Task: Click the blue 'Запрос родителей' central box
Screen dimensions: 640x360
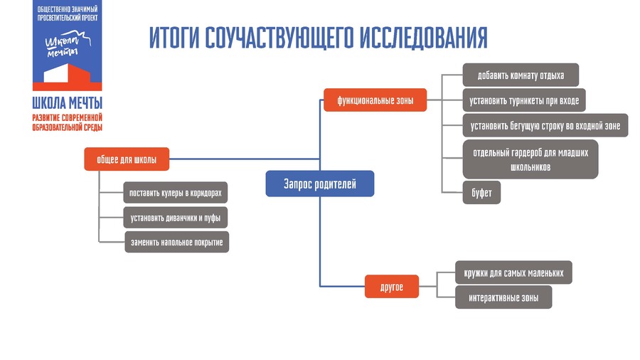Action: click(x=319, y=184)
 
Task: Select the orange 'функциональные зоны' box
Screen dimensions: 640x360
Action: click(x=375, y=100)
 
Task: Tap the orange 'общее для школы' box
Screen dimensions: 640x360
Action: click(x=127, y=159)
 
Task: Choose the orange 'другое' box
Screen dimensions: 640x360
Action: click(x=391, y=287)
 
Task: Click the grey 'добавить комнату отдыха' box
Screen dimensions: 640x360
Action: click(x=521, y=75)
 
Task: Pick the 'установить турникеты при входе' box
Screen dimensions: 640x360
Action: click(x=524, y=100)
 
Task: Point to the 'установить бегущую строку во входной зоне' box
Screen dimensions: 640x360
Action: click(x=545, y=126)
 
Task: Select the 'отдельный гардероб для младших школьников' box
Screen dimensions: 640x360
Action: click(x=530, y=159)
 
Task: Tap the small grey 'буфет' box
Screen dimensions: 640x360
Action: click(x=481, y=193)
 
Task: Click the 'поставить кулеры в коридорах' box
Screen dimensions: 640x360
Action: click(x=176, y=193)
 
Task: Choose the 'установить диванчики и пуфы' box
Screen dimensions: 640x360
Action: click(x=176, y=218)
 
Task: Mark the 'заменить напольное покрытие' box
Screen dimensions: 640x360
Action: click(x=177, y=242)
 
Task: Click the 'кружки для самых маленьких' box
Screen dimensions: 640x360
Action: click(x=513, y=272)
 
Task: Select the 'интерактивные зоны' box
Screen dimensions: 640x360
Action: click(x=503, y=297)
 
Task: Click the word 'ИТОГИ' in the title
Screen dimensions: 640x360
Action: click(x=174, y=38)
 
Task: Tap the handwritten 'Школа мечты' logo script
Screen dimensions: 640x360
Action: click(x=68, y=44)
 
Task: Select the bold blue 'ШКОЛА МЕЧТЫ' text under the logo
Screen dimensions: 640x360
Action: click(x=68, y=103)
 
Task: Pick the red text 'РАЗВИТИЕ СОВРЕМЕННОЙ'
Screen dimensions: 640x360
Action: click(x=68, y=118)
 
